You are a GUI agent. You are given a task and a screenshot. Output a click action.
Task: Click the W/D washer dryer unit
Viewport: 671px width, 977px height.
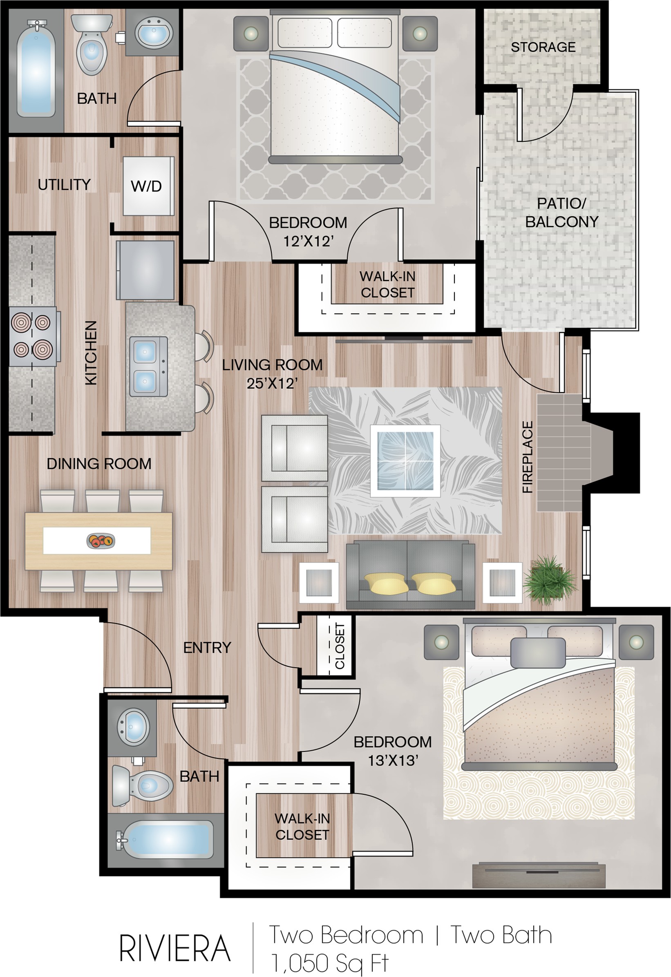tap(148, 186)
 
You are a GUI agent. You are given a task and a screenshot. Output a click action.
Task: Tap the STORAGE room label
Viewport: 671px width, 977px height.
tap(543, 47)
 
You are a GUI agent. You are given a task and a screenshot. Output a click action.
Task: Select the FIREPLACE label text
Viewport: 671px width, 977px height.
tap(528, 457)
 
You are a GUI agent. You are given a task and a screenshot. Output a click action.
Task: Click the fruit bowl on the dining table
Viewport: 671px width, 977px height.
tap(101, 540)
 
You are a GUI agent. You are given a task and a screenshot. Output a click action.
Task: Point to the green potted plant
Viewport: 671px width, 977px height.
tap(549, 580)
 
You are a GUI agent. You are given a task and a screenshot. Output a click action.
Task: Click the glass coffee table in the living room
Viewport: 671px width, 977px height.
tap(405, 461)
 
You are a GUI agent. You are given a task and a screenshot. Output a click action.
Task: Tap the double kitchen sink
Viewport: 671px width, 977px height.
tap(148, 366)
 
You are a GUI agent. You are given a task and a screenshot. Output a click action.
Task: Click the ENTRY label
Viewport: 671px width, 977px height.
tap(207, 647)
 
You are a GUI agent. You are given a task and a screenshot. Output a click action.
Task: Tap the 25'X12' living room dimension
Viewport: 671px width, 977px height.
tap(272, 383)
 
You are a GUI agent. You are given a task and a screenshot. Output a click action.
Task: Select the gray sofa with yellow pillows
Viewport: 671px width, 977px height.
tap(410, 575)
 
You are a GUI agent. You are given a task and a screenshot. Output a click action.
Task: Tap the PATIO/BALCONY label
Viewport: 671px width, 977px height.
tap(562, 212)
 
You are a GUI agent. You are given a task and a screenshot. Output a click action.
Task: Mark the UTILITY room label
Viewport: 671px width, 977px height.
tap(64, 184)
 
